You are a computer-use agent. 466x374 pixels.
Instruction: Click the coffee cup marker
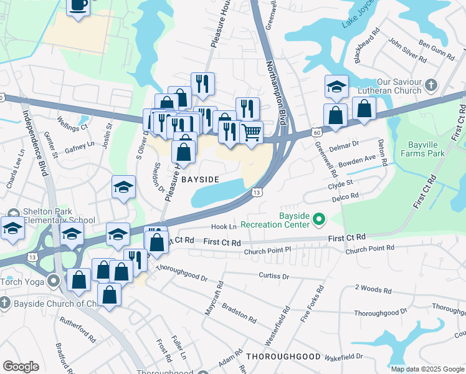78,6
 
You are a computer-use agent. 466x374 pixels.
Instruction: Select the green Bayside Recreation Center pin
319,219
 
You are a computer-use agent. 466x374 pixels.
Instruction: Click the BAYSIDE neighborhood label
200,180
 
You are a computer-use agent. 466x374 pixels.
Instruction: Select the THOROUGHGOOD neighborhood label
283,357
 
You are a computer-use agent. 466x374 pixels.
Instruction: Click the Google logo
21,367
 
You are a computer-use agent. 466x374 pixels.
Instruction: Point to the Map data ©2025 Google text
427,369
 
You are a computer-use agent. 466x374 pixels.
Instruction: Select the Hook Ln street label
224,227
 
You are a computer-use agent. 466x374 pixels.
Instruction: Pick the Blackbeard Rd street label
366,45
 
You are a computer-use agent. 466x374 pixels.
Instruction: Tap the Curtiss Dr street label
274,275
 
